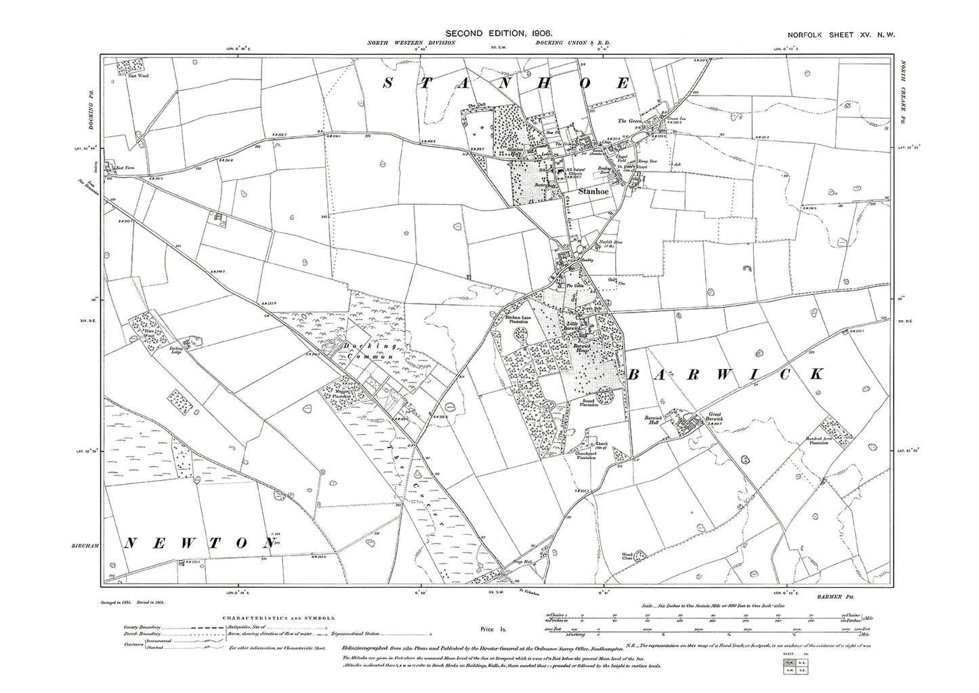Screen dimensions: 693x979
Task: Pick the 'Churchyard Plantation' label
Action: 581,456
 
